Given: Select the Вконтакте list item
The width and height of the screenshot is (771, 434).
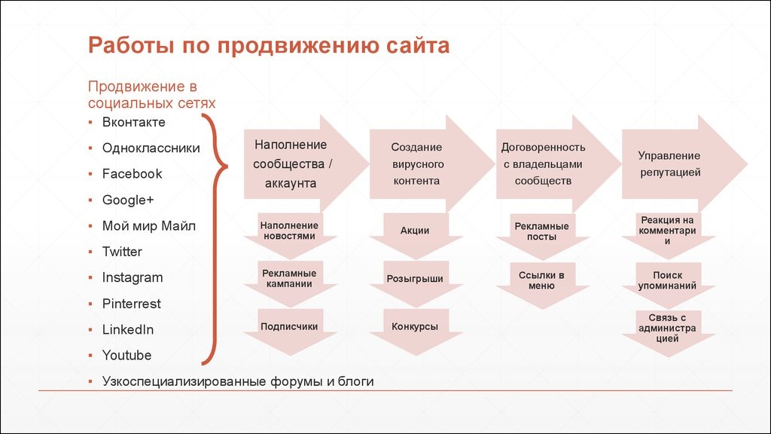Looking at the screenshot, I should tap(133, 122).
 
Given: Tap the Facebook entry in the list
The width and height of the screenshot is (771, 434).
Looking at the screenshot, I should tap(132, 174).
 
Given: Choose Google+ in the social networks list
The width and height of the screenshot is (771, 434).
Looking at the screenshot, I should tap(127, 200).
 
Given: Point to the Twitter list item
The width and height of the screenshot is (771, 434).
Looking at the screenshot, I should tap(122, 252).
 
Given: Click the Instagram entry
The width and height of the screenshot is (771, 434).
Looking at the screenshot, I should tap(132, 277).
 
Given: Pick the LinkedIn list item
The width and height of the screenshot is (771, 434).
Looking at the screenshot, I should tap(127, 329).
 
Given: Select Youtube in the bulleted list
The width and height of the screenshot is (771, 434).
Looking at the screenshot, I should tap(126, 355).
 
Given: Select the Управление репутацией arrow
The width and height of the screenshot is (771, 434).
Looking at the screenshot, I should tap(670, 164).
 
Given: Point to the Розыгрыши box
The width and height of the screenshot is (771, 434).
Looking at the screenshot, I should tap(415, 279).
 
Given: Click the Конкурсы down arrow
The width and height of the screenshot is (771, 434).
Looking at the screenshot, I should tap(415, 328).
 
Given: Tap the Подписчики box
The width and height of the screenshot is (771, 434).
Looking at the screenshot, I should tap(289, 327).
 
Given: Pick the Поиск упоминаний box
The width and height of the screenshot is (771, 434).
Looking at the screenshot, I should tap(667, 281).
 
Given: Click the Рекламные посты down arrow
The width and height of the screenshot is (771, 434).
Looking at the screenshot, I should tap(541, 232).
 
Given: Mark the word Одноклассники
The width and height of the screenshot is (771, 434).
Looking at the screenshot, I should tap(151, 148).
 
